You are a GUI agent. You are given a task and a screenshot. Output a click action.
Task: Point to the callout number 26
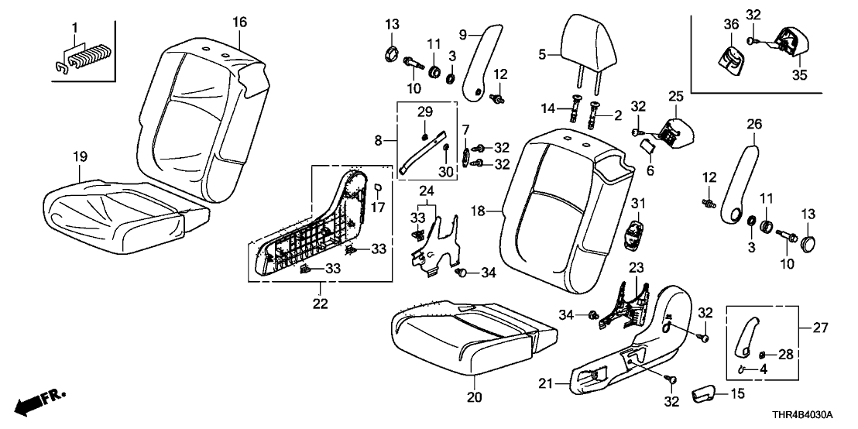click(753, 123)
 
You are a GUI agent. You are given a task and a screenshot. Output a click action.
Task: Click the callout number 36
click(729, 25)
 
